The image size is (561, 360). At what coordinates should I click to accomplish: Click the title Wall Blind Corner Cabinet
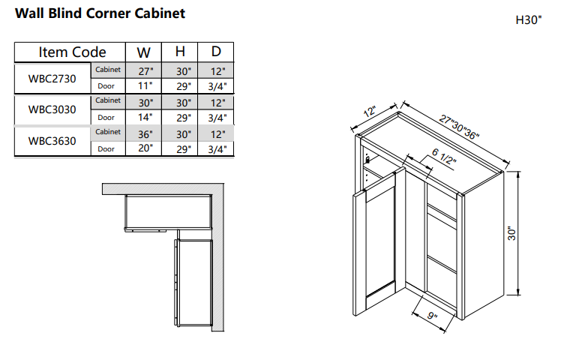click(x=100, y=13)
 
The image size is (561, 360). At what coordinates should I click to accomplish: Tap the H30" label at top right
click(x=528, y=20)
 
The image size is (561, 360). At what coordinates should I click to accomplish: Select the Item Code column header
click(x=72, y=52)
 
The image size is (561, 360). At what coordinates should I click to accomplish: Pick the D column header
click(x=216, y=52)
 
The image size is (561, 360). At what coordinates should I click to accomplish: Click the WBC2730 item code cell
click(x=52, y=78)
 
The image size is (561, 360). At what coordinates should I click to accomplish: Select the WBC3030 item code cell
click(x=52, y=109)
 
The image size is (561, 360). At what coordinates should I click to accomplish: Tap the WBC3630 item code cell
click(x=52, y=140)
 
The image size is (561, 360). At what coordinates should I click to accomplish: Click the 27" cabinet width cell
click(x=145, y=70)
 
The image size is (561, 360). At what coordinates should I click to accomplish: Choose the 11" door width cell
click(x=145, y=86)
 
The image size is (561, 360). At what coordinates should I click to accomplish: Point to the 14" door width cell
click(x=145, y=117)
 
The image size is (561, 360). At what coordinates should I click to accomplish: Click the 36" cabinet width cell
click(x=145, y=133)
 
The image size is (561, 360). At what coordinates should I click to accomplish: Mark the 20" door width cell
click(x=145, y=148)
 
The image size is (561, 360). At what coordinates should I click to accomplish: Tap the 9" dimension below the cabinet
click(x=432, y=316)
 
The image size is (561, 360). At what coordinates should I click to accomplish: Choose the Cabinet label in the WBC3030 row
click(x=108, y=100)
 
